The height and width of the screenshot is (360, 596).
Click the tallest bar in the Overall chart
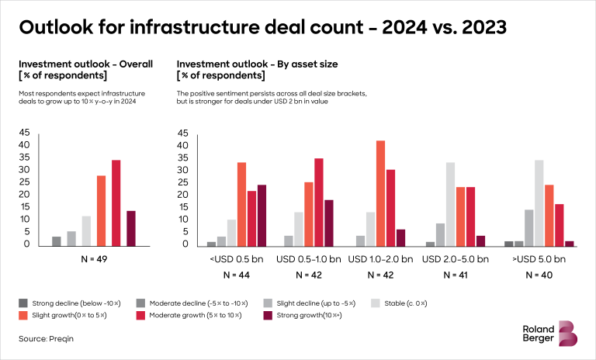(x=116, y=202)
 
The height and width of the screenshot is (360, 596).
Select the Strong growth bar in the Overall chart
(x=131, y=228)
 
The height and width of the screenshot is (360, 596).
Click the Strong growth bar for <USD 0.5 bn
(x=261, y=215)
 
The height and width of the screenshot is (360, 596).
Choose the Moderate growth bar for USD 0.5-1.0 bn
(x=318, y=202)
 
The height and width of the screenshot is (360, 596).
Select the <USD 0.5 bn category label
(x=236, y=258)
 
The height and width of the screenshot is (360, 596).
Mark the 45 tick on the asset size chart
(x=183, y=133)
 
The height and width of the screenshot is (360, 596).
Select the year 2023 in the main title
(x=476, y=29)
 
